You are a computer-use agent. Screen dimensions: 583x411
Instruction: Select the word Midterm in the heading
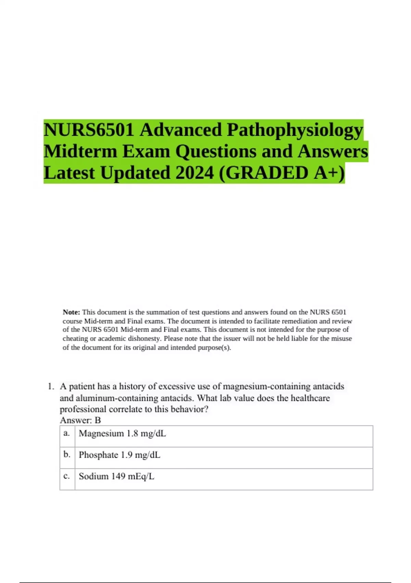80,152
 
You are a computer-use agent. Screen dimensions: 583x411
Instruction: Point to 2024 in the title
194,173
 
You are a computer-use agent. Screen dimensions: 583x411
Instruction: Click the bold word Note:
71,312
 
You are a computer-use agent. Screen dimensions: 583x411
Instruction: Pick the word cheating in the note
75,338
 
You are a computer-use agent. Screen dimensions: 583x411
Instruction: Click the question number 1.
51,386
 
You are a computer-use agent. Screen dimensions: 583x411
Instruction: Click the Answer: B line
80,420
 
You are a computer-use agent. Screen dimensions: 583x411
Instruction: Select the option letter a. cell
67,433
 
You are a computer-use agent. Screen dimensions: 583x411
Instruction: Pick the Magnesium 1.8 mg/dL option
122,433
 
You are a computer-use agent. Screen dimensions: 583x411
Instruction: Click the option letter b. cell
67,455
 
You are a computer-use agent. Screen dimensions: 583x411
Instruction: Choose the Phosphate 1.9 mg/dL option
120,455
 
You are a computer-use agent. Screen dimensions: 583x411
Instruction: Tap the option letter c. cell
67,476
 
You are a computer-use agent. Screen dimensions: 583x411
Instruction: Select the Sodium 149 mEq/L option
116,476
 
